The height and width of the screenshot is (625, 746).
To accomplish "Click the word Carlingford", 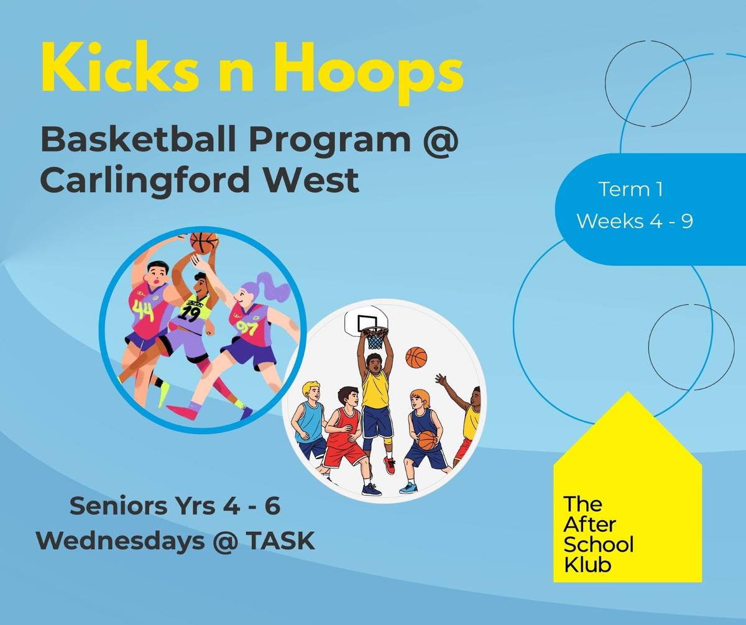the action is pos(145,180).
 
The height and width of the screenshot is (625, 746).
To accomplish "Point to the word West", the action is pos(311,180).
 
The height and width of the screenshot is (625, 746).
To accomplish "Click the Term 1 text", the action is pos(631,189).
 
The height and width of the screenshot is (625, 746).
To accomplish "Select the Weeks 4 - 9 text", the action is pos(635,221).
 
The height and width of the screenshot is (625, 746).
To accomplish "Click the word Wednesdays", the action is pos(121,541).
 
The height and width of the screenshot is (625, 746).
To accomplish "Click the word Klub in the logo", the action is pos(587,565).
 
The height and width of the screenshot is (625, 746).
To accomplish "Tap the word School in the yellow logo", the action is pos(599,545).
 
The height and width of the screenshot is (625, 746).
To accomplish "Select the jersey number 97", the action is pos(247,326).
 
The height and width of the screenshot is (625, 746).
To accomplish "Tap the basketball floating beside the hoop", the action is pos(417,357).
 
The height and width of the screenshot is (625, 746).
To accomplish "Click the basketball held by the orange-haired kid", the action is pos(428,440).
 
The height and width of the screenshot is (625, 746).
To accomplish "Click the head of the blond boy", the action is pos(311,392).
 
